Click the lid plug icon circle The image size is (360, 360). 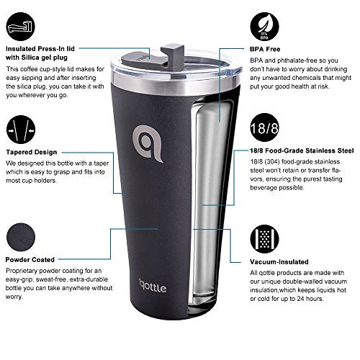pyautogui.click(x=21, y=27)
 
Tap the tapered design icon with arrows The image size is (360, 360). pyautogui.click(x=21, y=130)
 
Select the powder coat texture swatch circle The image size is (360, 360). pyautogui.click(x=21, y=237)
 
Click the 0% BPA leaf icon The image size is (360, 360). pyautogui.click(x=264, y=27)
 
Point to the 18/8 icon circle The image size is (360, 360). pyautogui.click(x=264, y=127)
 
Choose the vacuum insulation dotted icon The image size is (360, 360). pyautogui.click(x=264, y=239)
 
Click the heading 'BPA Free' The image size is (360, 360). pyautogui.click(x=265, y=49)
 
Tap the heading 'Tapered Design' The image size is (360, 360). pyautogui.click(x=32, y=152)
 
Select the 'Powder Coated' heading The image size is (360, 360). pyautogui.click(x=30, y=260)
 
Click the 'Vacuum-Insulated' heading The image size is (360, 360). pyautogui.click(x=279, y=262)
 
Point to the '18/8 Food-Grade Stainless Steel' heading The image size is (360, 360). pyautogui.click(x=302, y=150)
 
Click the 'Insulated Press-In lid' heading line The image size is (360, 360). pyautogui.click(x=40, y=49)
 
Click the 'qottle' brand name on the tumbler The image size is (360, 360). pyautogui.click(x=153, y=287)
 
